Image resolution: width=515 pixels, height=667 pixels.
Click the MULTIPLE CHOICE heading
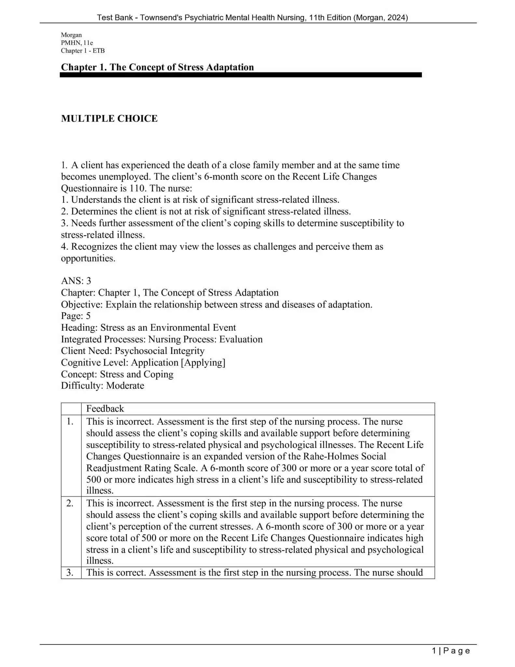click(x=109, y=119)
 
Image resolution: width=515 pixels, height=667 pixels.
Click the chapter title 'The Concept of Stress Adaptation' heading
click(x=157, y=67)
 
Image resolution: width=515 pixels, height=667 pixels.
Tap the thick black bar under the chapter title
click(x=241, y=75)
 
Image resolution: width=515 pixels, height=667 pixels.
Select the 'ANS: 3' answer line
click(x=76, y=281)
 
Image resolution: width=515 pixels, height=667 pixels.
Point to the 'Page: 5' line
click(x=76, y=316)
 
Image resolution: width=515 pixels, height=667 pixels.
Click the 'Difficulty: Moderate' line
click(x=102, y=386)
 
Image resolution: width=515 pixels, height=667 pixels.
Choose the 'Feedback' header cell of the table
click(x=105, y=409)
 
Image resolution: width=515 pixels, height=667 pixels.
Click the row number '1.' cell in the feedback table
click(x=70, y=422)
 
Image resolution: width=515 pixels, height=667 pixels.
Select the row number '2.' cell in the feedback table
click(x=70, y=503)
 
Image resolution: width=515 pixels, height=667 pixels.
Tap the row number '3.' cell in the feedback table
click(x=70, y=573)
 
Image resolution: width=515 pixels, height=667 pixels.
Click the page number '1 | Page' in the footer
click(x=451, y=651)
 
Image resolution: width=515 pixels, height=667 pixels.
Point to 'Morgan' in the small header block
click(x=71, y=35)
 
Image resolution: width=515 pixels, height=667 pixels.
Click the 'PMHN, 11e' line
click(x=77, y=43)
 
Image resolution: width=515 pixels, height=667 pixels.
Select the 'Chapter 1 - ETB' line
click(x=83, y=50)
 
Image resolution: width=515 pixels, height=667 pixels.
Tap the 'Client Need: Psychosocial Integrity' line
click(x=133, y=351)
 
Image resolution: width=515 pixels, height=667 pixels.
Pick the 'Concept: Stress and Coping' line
click(x=117, y=374)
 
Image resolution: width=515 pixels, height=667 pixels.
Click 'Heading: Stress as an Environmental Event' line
click(x=148, y=327)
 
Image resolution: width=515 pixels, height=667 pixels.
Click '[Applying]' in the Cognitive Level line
click(x=203, y=362)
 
